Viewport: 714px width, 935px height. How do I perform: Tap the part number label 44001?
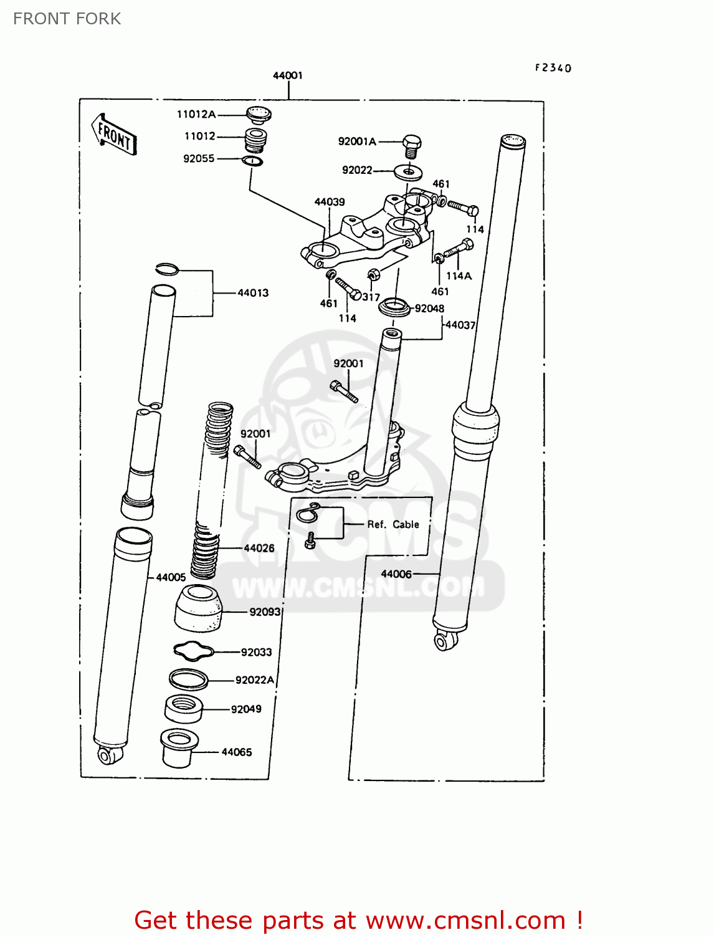(287, 75)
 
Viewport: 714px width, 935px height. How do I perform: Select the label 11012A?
(196, 114)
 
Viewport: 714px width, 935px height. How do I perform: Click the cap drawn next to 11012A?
(258, 114)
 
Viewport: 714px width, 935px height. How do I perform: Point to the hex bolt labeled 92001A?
(411, 146)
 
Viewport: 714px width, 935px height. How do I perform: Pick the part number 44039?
(329, 202)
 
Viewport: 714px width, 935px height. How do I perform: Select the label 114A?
(459, 276)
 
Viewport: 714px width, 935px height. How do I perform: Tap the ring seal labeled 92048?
(395, 307)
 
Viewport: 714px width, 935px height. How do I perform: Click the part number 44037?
(460, 325)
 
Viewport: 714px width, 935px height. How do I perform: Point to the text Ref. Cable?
(393, 524)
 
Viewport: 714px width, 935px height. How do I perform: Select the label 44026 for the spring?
(259, 548)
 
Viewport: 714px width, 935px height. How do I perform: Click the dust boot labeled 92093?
(198, 608)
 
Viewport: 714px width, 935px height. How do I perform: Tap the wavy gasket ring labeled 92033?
(193, 651)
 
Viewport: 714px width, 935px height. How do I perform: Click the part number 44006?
(396, 573)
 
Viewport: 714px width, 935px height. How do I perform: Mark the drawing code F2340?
(553, 68)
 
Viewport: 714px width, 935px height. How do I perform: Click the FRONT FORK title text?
(67, 19)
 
